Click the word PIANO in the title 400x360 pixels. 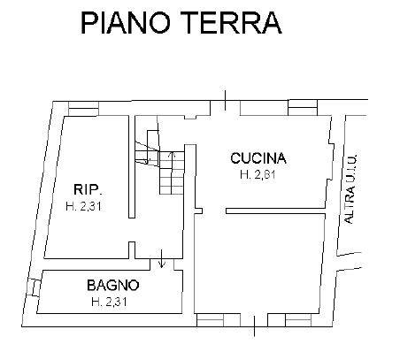126,23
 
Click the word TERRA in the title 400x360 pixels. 231,23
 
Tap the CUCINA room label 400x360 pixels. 258,158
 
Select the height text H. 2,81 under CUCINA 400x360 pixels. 258,174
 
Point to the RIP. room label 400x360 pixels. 88,189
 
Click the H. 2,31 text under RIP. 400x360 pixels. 83,206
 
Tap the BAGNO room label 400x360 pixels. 113,286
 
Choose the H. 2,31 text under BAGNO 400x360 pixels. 109,302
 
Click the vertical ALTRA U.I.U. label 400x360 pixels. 350,188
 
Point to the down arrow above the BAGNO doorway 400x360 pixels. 161,258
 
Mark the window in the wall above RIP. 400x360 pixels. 83,109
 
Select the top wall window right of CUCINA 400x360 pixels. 303,107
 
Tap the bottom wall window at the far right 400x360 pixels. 298,320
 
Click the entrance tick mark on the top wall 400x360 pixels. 226,100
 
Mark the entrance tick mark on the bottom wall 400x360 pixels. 254,326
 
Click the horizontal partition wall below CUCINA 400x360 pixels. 275,211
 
